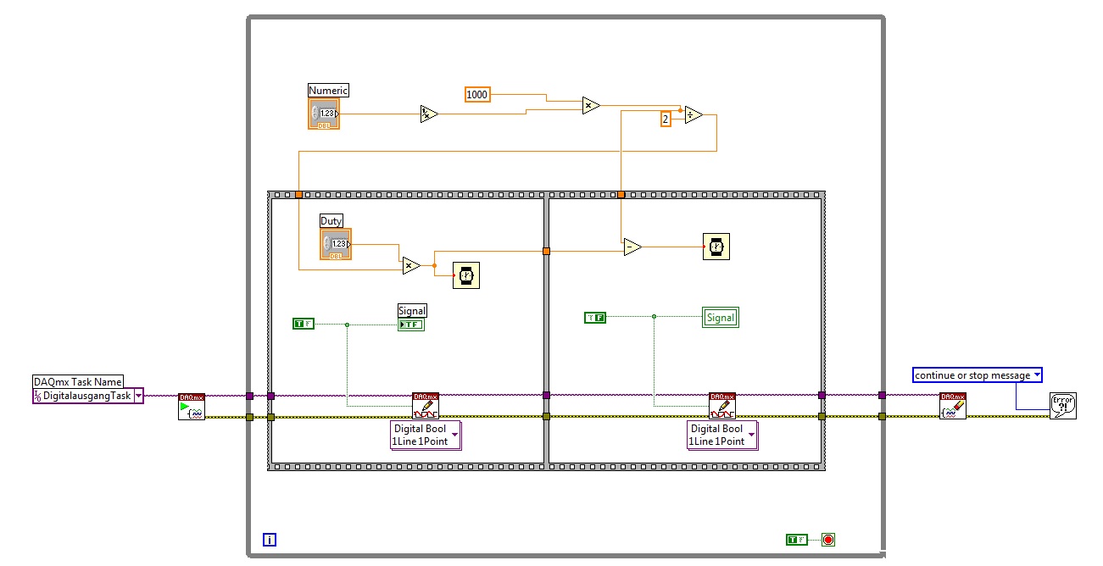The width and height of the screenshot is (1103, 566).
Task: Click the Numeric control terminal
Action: coord(324,114)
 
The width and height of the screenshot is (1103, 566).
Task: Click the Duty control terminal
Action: coord(336,244)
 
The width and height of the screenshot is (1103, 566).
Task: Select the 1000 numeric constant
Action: coord(477,95)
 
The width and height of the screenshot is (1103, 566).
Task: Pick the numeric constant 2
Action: coord(666,119)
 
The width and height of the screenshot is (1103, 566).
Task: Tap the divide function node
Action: coord(693,115)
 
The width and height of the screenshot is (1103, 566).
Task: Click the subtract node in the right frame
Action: coord(632,247)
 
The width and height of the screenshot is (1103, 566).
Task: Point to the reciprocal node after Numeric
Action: coord(429,114)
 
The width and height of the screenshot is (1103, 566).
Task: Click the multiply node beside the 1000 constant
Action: coord(590,106)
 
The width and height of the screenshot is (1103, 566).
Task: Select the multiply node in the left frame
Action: coord(410,266)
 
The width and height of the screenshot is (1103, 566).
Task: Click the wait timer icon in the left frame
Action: coord(465,275)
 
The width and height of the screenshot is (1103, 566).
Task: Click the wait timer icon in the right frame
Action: coord(716,247)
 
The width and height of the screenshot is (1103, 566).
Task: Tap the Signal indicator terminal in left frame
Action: coord(411,325)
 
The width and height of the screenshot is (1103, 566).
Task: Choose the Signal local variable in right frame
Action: coord(721,318)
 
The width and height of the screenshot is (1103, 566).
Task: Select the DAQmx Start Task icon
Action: coord(192,407)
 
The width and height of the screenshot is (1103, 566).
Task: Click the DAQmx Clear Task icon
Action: coord(953,407)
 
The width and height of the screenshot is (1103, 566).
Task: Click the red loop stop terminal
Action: coord(828,540)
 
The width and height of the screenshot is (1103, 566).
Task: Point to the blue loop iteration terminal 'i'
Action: coord(270,540)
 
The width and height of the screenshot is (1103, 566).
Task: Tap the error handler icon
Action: coord(1062,405)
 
